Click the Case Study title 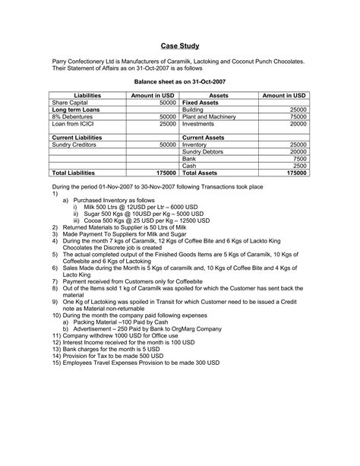tap(179, 45)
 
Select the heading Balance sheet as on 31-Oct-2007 tap(179, 80)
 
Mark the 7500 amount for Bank tap(299, 158)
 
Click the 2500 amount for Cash tap(299, 166)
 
